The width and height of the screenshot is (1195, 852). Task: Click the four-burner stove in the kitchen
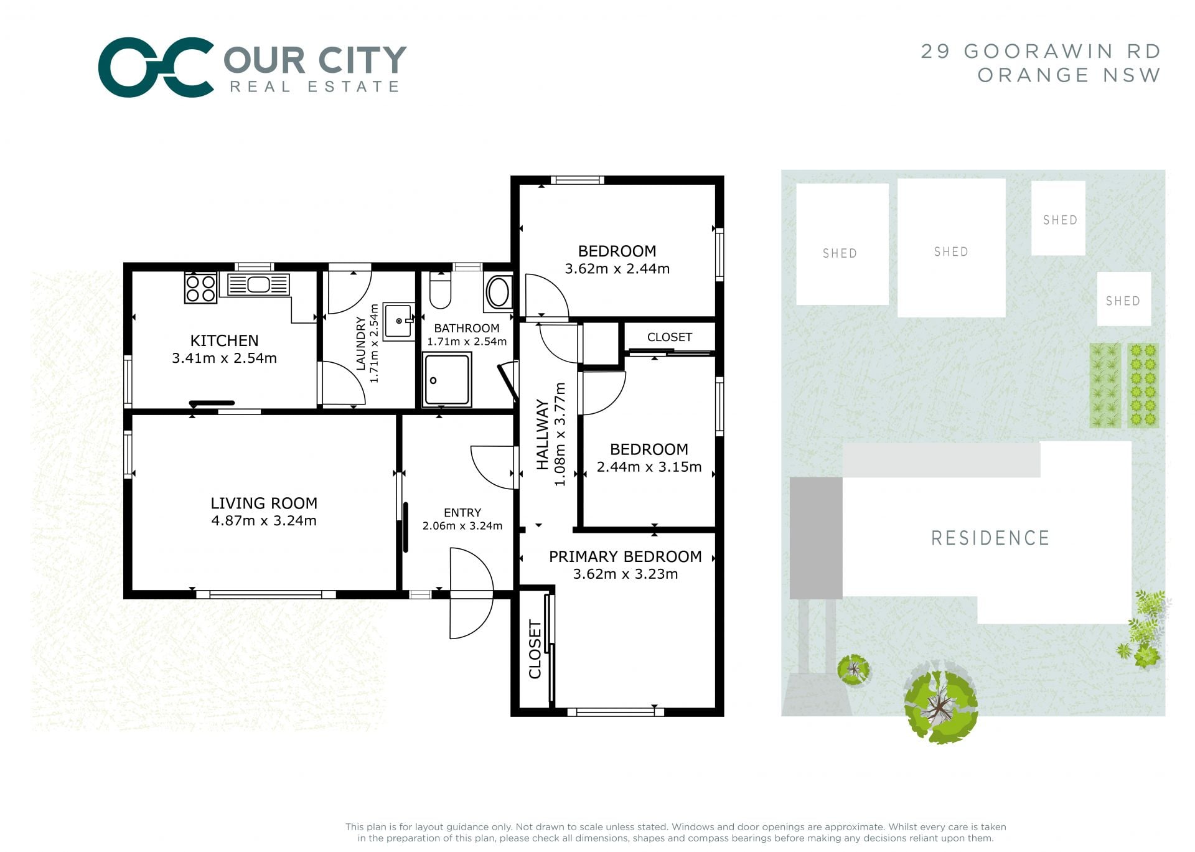click(x=200, y=288)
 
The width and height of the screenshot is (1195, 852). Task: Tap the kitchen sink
click(x=258, y=284)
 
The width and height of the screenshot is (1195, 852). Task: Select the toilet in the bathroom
click(x=440, y=290)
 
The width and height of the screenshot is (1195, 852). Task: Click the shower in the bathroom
click(x=446, y=380)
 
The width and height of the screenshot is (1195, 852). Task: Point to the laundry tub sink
click(x=398, y=321)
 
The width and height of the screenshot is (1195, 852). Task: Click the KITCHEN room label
click(x=224, y=340)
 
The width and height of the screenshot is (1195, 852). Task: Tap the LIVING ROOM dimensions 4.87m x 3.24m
click(x=264, y=521)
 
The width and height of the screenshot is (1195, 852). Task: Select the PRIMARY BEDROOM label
click(x=625, y=556)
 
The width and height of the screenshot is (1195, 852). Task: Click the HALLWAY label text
click(x=543, y=435)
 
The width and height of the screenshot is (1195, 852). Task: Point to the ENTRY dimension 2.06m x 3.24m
click(x=462, y=526)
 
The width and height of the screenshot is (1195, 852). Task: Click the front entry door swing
click(x=471, y=593)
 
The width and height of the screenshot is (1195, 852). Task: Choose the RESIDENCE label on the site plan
click(x=990, y=538)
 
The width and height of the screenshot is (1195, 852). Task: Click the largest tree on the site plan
click(x=940, y=703)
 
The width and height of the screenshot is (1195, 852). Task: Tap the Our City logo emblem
click(x=156, y=67)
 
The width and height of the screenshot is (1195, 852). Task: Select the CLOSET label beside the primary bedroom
click(x=535, y=649)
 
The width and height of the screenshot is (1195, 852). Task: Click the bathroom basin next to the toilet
click(x=498, y=293)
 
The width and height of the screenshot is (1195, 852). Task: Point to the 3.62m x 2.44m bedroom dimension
click(x=617, y=269)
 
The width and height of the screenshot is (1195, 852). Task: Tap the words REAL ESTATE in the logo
click(x=314, y=87)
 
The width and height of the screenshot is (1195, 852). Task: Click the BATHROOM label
click(x=467, y=328)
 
